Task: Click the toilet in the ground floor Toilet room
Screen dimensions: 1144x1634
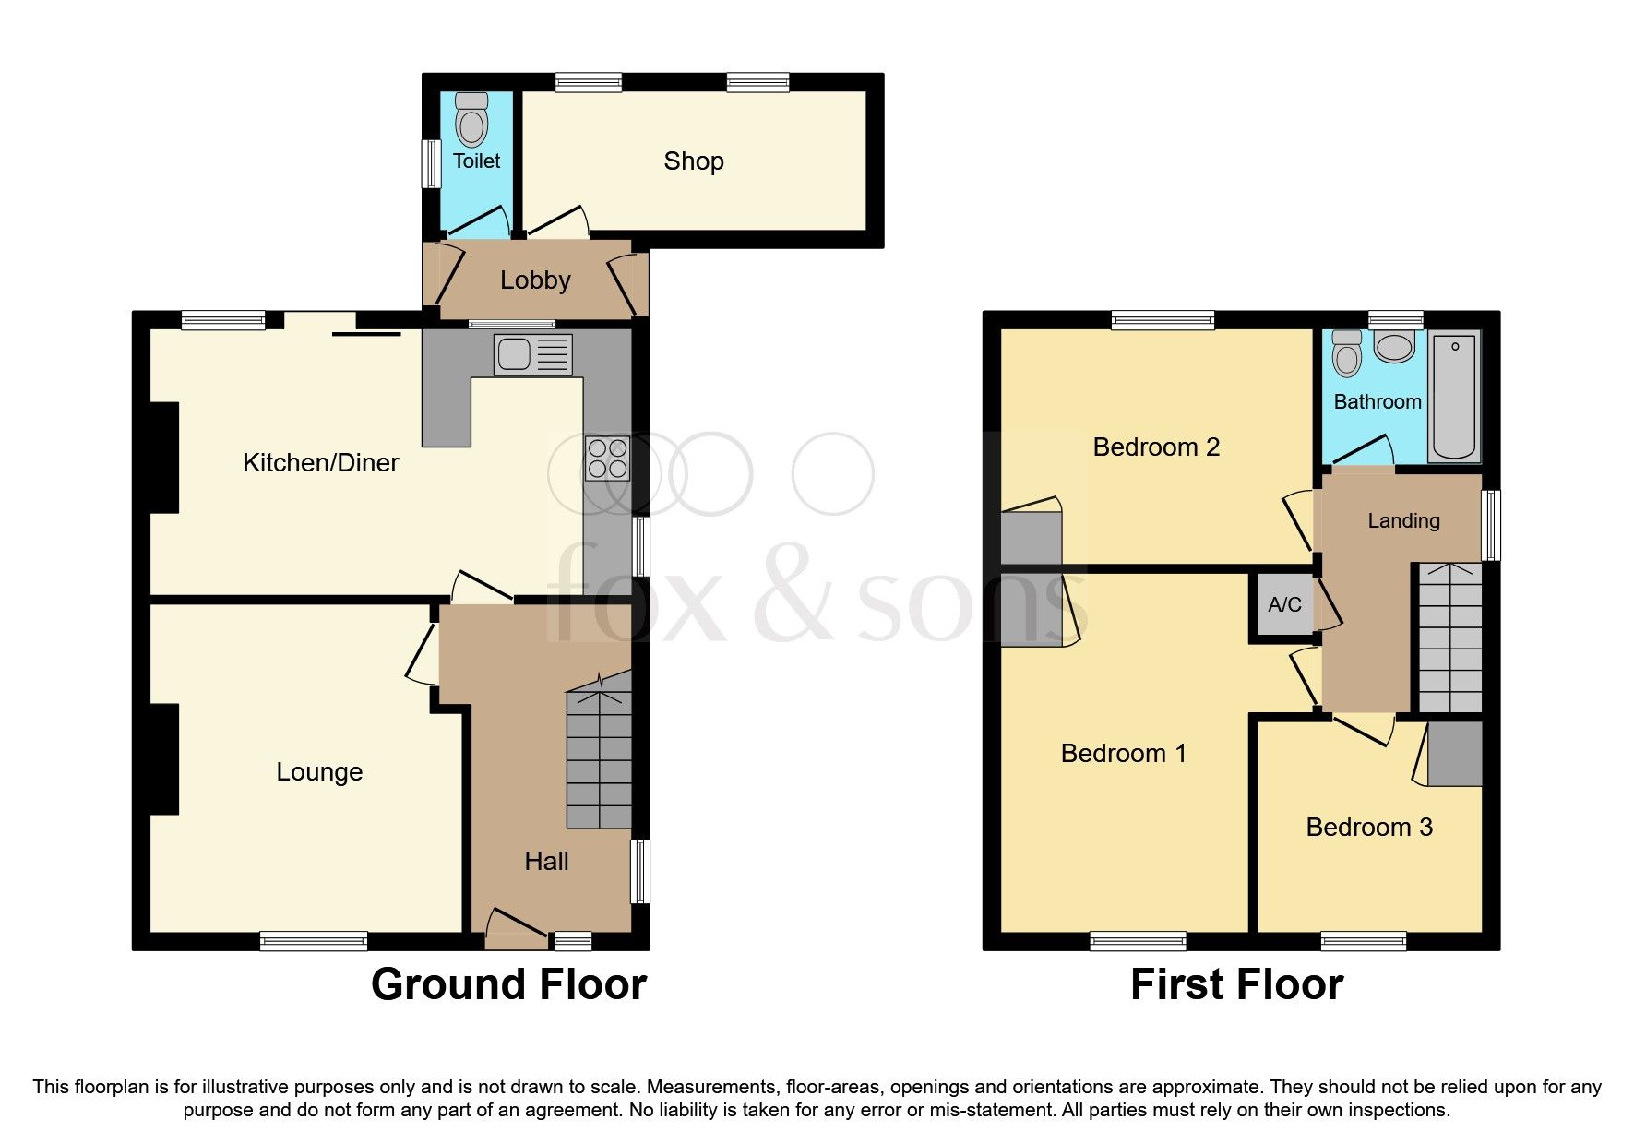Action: (471, 121)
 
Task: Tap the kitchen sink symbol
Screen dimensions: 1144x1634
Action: (532, 355)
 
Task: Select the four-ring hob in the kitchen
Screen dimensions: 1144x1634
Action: (607, 459)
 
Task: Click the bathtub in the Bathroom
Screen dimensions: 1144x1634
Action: (1454, 397)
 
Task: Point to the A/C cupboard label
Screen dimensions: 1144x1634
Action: (1284, 605)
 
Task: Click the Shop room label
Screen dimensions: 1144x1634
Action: (693, 161)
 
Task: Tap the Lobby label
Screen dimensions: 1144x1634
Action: (535, 280)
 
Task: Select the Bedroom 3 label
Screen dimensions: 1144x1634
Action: (1369, 828)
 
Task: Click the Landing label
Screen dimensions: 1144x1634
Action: (1402, 521)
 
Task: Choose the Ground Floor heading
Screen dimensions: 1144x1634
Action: (508, 984)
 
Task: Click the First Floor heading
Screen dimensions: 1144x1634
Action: (1236, 984)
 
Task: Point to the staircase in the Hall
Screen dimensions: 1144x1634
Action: (600, 757)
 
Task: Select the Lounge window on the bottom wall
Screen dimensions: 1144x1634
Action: (314, 941)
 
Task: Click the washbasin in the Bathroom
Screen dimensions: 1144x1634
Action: (1393, 347)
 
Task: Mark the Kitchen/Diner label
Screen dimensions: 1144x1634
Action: (320, 463)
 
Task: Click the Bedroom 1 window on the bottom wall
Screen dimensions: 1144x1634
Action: (1138, 941)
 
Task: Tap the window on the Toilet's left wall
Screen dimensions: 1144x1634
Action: (430, 163)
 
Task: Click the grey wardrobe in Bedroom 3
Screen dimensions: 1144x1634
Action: (1455, 754)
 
